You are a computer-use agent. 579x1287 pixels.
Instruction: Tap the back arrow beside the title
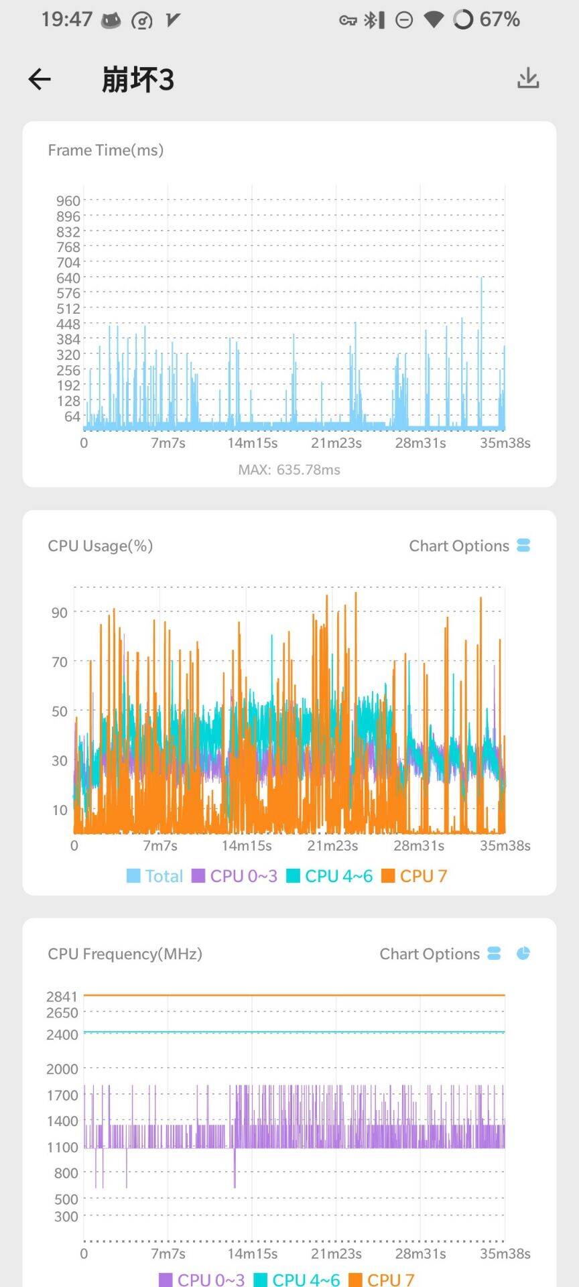[x=40, y=79]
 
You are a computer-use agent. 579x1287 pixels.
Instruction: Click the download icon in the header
[x=528, y=78]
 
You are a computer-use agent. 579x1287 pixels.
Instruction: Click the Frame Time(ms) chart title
[x=106, y=150]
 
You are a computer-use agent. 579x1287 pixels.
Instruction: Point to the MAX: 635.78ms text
[x=289, y=470]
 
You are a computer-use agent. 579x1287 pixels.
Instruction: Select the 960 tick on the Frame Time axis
[x=68, y=201]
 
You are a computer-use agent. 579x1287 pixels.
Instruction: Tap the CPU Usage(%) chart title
[x=101, y=546]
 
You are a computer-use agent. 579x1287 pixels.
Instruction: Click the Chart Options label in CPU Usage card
[x=459, y=546]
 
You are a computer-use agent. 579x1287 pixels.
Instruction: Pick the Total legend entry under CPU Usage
[x=155, y=876]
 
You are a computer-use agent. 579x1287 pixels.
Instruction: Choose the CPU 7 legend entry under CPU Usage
[x=414, y=876]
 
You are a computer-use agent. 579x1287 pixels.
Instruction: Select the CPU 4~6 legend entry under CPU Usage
[x=330, y=876]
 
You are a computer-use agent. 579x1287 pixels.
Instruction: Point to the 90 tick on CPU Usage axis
[x=60, y=613]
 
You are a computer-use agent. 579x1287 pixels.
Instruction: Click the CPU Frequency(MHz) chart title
[x=125, y=954]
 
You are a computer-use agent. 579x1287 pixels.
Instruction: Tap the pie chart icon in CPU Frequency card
[x=523, y=953]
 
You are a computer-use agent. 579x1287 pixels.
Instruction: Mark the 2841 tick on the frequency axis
[x=62, y=997]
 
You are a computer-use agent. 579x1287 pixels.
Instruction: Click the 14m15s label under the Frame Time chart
[x=252, y=443]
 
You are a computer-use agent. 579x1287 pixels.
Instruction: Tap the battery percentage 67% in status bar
[x=500, y=19]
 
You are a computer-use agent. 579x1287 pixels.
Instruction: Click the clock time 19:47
[x=67, y=19]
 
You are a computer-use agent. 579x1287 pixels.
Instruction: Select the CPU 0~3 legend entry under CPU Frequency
[x=202, y=1280]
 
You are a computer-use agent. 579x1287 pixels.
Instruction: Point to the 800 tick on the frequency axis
[x=66, y=1173]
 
